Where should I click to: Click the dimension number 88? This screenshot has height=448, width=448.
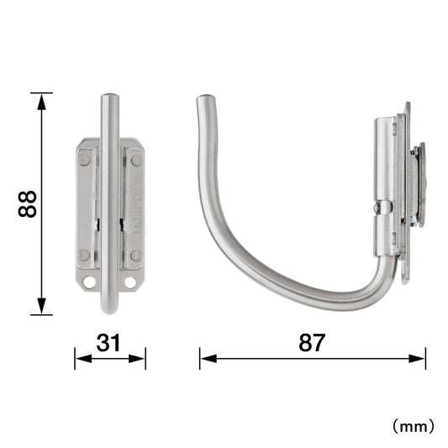(x=28, y=204)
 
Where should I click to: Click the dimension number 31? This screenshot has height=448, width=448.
(x=108, y=343)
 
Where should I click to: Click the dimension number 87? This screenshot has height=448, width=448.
(x=312, y=343)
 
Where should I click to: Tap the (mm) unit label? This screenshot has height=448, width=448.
(x=414, y=427)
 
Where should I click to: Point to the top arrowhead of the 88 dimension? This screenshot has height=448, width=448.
(x=41, y=102)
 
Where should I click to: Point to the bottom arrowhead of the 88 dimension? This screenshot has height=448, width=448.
(x=41, y=306)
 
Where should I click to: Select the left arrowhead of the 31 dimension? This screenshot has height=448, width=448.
(x=83, y=359)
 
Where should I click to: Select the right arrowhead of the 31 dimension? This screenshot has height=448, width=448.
(x=137, y=359)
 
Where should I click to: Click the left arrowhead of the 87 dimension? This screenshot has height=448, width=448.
(x=208, y=359)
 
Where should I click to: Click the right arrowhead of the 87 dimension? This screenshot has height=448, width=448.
(x=417, y=359)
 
